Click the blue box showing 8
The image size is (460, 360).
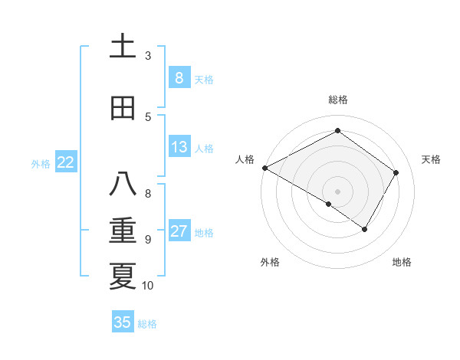[x=179, y=78]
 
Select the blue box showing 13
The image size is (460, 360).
[x=179, y=148]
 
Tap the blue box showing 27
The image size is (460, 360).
[x=179, y=232]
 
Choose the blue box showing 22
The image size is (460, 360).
[x=65, y=162]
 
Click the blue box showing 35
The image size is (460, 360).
[x=123, y=322]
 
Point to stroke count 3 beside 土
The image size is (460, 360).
[x=148, y=55]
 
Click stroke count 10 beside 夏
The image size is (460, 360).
[x=148, y=286]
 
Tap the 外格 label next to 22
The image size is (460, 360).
[x=41, y=163]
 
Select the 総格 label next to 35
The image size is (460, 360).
[x=147, y=323]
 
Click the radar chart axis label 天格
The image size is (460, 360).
[x=432, y=159]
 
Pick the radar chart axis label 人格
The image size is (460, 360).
[x=245, y=159]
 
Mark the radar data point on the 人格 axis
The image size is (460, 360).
[x=264, y=168]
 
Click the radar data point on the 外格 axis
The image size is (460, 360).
[x=329, y=204]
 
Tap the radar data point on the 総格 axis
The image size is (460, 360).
[x=337, y=131]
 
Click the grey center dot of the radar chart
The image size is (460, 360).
[x=337, y=191]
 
